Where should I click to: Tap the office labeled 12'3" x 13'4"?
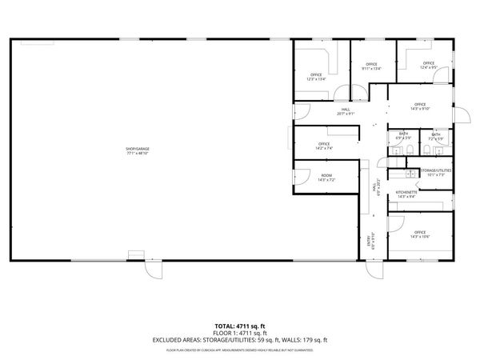click(x=316, y=77)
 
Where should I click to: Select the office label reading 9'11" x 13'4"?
click(x=370, y=66)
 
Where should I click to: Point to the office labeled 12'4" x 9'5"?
click(x=428, y=66)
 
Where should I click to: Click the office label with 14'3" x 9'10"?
click(x=420, y=106)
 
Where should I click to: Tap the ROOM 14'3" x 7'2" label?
click(x=326, y=178)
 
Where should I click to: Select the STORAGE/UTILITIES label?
click(x=436, y=172)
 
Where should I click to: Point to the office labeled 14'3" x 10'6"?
click(x=420, y=234)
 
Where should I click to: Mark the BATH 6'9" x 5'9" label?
click(x=404, y=137)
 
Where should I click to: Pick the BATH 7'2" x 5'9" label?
click(x=436, y=137)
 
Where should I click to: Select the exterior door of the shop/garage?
click(x=150, y=270)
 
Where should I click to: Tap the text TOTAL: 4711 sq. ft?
click(x=240, y=326)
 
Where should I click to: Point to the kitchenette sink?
click(x=409, y=173)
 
